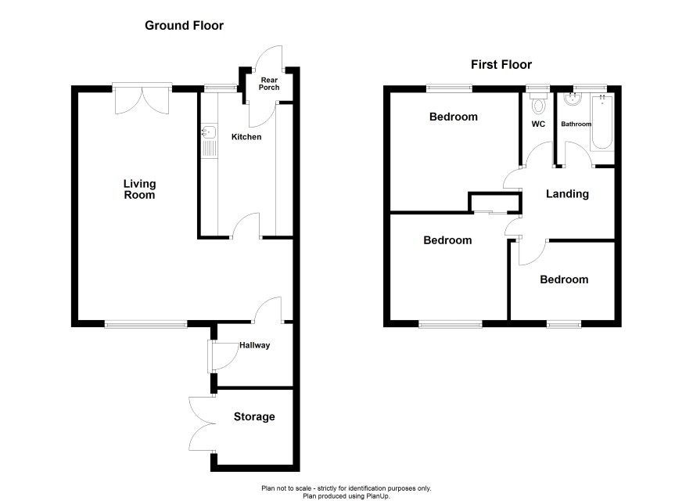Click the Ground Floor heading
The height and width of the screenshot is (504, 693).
click(x=185, y=26)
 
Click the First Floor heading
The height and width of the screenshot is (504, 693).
click(x=501, y=64)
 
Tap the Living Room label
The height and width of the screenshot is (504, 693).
click(x=140, y=189)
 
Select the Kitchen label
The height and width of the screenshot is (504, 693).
click(x=246, y=137)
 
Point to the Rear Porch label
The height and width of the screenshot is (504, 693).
click(x=269, y=84)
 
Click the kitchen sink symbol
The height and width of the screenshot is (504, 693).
click(x=209, y=142)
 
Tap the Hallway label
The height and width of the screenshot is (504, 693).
click(x=254, y=345)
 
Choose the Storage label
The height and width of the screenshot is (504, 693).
click(x=254, y=416)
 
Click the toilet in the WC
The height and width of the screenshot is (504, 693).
click(x=538, y=103)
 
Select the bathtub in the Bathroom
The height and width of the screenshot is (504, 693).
click(x=602, y=122)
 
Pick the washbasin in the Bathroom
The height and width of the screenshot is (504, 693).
click(x=573, y=99)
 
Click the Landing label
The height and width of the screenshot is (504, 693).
click(x=567, y=193)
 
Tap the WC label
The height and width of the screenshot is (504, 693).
click(x=538, y=124)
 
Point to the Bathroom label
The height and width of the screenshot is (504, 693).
click(x=576, y=124)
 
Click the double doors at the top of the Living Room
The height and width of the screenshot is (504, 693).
click(x=142, y=99)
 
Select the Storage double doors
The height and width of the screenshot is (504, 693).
click(x=203, y=424)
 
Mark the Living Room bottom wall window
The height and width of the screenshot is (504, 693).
click(x=145, y=325)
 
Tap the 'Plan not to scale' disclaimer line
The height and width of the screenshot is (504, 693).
click(x=346, y=488)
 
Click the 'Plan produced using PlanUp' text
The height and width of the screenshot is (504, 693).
click(x=346, y=496)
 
